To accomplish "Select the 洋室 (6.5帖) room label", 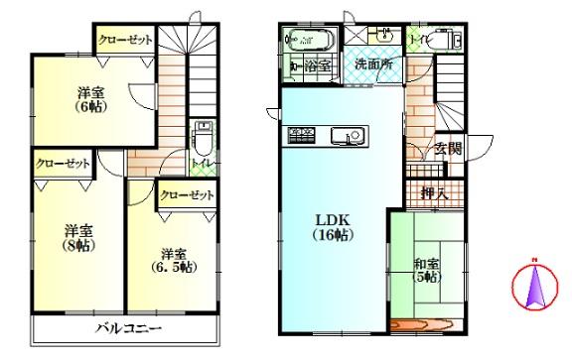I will pos(174,259).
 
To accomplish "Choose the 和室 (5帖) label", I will pos(428,271).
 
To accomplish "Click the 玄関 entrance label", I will pos(448,150).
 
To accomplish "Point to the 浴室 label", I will pos(316,65).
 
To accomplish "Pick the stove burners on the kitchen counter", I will pos(301,134).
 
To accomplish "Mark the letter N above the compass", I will pos(533,262).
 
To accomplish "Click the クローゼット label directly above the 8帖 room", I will pos(63,164).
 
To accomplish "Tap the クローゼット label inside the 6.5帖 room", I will pos(187,195).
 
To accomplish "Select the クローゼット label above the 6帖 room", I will pos(125,39).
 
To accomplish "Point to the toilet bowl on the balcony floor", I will pos(203,134).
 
